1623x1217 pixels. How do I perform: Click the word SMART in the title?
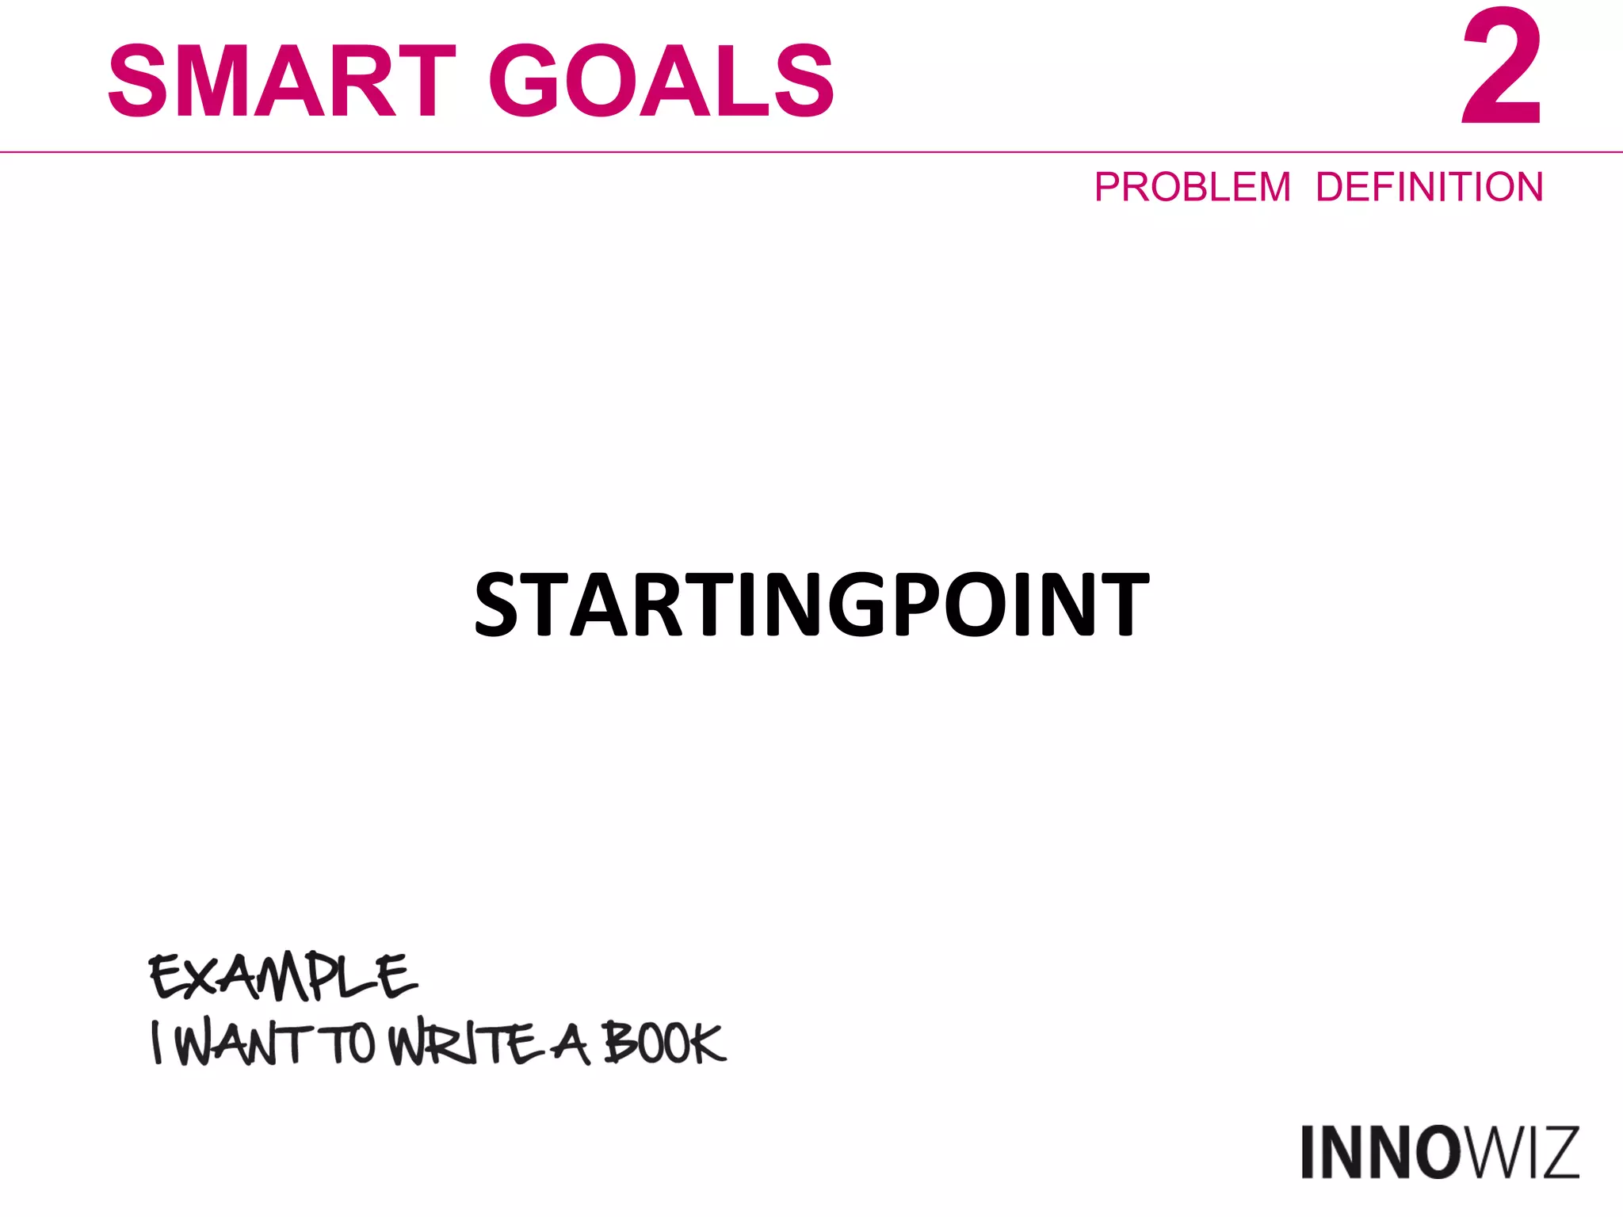[x=281, y=81]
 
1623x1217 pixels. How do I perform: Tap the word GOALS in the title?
[x=661, y=81]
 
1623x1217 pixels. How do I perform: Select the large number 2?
[x=1501, y=70]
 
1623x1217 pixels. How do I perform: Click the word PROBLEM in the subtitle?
[x=1193, y=188]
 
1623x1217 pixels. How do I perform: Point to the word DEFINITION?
[x=1429, y=188]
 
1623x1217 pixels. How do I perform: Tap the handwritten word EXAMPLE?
[x=283, y=976]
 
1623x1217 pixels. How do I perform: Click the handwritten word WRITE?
[x=463, y=1044]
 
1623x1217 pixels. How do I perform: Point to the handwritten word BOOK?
[x=663, y=1043]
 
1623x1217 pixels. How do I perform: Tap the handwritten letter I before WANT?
[x=158, y=1043]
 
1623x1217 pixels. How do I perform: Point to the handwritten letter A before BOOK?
[x=571, y=1044]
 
